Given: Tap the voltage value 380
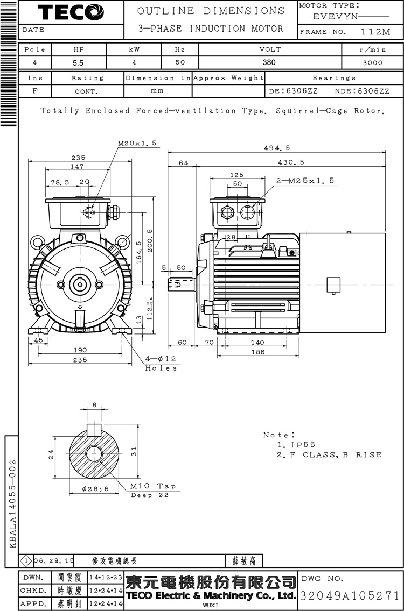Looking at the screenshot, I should pyautogui.click(x=269, y=62).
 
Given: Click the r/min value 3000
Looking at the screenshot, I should pyautogui.click(x=372, y=62).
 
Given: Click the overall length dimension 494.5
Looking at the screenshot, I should pyautogui.click(x=277, y=148).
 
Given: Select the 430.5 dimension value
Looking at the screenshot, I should pyautogui.click(x=291, y=162).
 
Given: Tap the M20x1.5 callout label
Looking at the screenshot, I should pyautogui.click(x=137, y=144).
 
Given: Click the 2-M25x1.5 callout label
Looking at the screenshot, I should pyautogui.click(x=305, y=181).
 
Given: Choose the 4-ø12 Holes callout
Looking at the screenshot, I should pyautogui.click(x=161, y=363).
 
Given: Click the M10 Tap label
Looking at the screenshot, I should pyautogui.click(x=152, y=486).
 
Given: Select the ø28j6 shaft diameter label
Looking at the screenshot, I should pyautogui.click(x=95, y=488).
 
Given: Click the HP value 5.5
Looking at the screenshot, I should pyautogui.click(x=78, y=62).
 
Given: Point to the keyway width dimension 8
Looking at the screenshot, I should pyautogui.click(x=95, y=405).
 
